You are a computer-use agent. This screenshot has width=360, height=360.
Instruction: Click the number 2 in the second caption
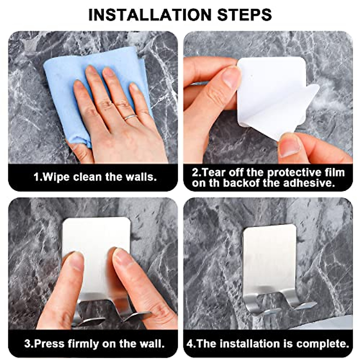click(195, 172)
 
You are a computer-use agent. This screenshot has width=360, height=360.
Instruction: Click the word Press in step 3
click(49, 343)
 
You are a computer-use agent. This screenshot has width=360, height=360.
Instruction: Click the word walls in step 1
click(141, 177)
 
